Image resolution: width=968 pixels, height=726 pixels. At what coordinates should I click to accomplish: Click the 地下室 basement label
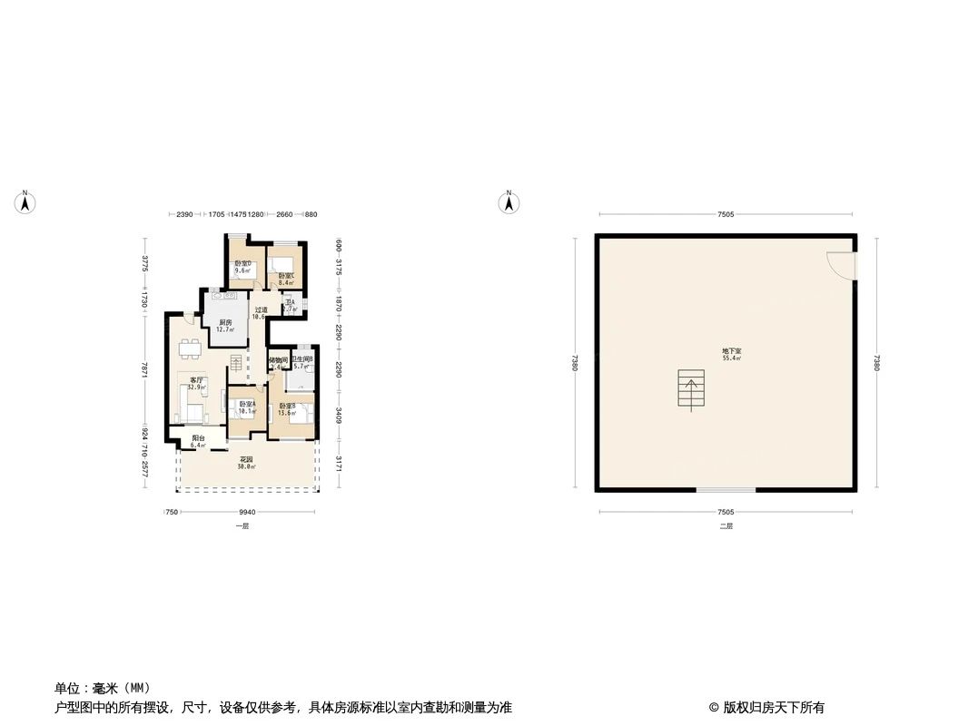(x=731, y=354)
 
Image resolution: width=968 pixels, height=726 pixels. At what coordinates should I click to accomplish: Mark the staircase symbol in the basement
(x=691, y=389)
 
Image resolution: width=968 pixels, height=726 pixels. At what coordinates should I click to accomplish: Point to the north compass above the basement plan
(x=509, y=202)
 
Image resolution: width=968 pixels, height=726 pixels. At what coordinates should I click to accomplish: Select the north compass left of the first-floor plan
(x=27, y=202)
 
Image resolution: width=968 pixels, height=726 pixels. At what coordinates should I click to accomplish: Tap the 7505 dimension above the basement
(x=725, y=215)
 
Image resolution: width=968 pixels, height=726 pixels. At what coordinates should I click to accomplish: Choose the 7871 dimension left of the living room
(x=145, y=371)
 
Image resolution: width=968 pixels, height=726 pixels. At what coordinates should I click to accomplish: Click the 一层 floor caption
(x=242, y=526)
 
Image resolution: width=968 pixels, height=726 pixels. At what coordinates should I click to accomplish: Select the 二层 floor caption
(x=726, y=526)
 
